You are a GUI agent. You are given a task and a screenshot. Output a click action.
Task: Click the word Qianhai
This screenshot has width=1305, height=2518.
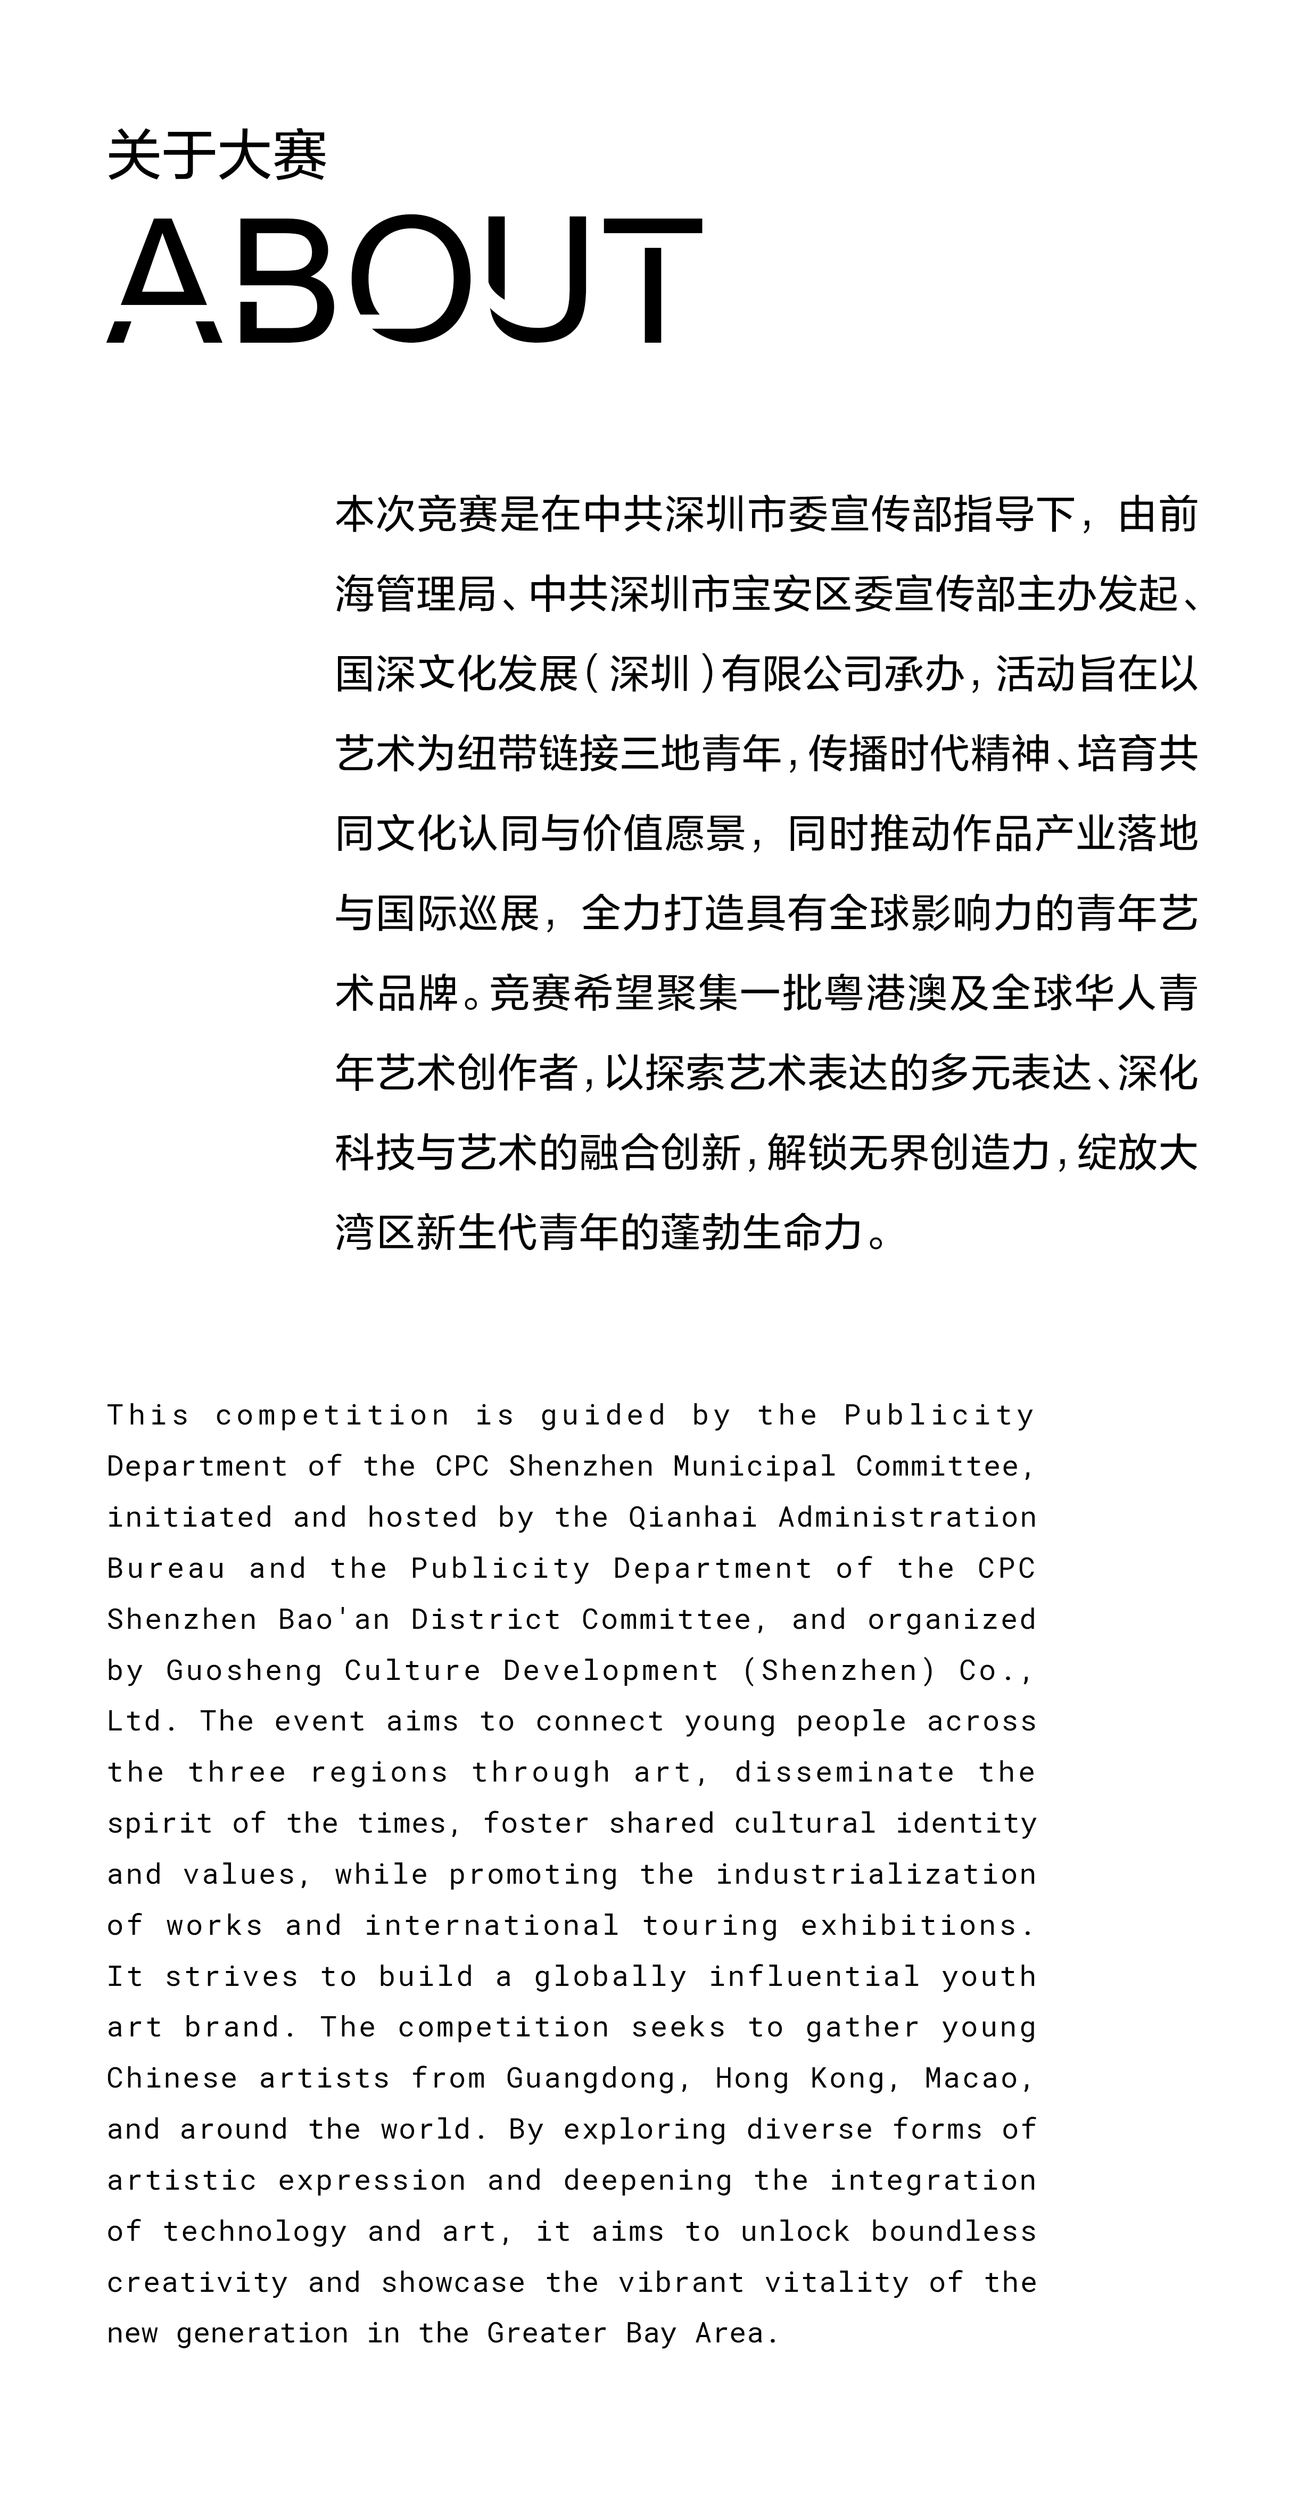tap(692, 1517)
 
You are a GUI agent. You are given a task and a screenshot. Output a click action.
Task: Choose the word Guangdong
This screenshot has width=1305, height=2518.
tap(590, 2078)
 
